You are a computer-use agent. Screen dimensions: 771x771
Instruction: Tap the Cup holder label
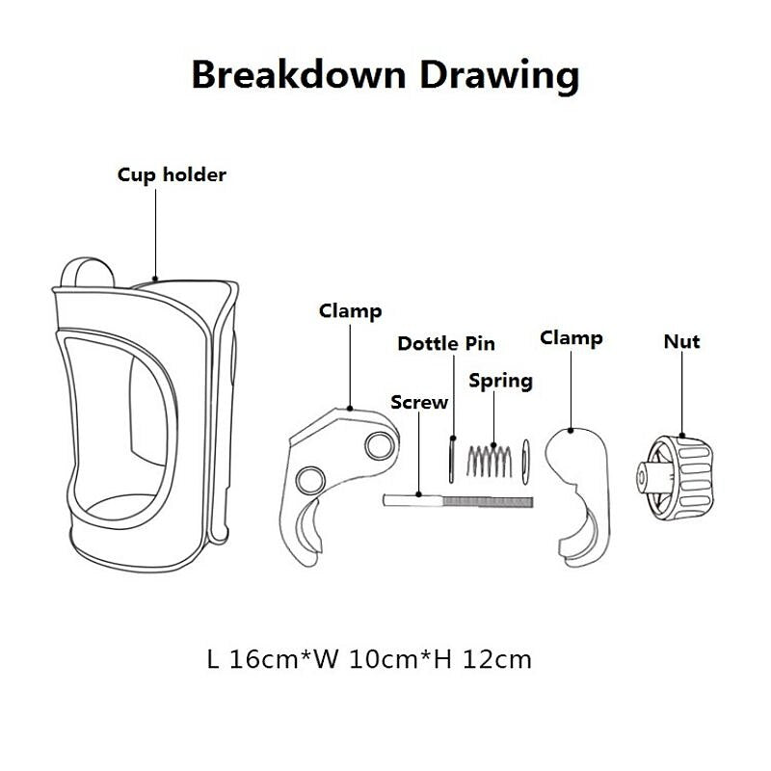[x=172, y=175]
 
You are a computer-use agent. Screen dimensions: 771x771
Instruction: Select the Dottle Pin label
[x=446, y=344]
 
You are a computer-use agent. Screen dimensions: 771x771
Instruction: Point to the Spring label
[x=500, y=381]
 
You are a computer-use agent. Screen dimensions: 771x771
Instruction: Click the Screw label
[x=419, y=402]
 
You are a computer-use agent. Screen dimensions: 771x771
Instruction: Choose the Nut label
[x=681, y=341]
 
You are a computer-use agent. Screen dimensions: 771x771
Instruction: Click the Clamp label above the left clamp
[x=350, y=311]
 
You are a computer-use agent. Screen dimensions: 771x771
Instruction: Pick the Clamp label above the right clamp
[x=571, y=338]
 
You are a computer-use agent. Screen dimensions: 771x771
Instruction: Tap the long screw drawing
[x=458, y=500]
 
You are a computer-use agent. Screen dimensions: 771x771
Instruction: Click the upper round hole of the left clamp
[x=378, y=444]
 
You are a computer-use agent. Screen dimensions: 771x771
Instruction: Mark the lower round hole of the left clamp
[x=311, y=480]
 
